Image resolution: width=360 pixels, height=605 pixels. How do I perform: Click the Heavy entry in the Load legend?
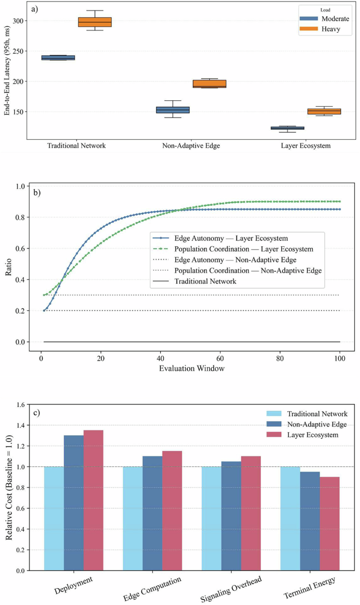(329, 29)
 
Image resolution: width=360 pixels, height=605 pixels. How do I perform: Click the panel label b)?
(37, 193)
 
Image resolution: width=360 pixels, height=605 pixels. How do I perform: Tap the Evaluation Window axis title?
(191, 368)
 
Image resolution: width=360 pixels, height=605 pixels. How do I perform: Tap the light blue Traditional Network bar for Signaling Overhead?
(211, 518)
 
